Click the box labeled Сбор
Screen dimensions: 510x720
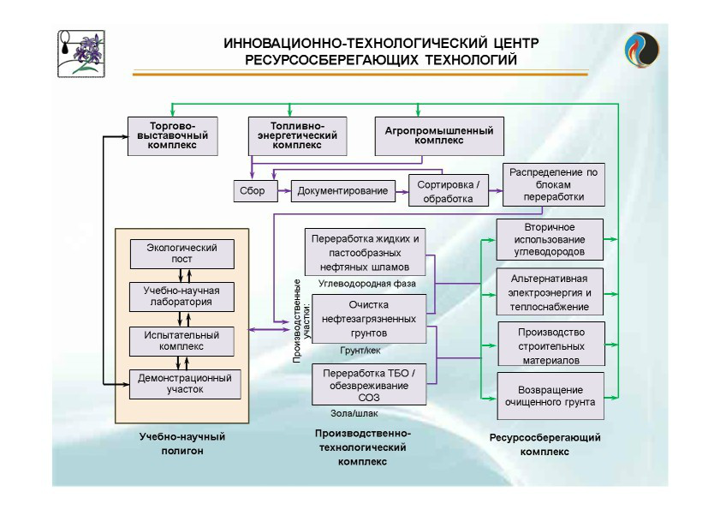coord(253,190)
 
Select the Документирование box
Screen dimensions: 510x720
coord(342,190)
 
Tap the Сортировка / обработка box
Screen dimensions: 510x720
coord(449,191)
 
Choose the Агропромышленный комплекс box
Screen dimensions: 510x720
coord(439,135)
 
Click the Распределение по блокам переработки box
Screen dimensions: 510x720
coord(553,184)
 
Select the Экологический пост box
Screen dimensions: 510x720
coord(181,254)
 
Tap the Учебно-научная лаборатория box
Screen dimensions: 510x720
coord(181,297)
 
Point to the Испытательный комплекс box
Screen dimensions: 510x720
coord(181,340)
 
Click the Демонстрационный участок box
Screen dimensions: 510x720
coord(181,383)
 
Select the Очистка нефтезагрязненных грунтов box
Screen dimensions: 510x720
coord(369,318)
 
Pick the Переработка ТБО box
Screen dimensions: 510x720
coord(369,384)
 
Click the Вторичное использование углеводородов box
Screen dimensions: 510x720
coord(550,240)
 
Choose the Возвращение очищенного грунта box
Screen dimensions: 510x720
coord(550,395)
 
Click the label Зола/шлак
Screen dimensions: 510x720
coord(354,414)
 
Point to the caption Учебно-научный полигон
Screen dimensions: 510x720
coord(176,444)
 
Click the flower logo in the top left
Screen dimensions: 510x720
coord(82,53)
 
